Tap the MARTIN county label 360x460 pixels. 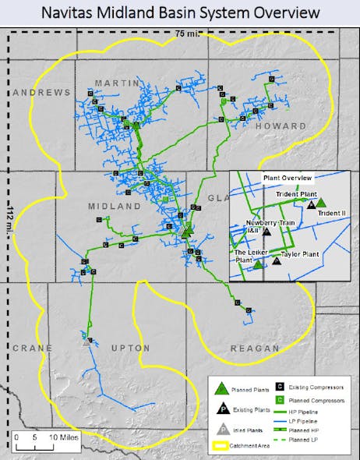pos(115,83)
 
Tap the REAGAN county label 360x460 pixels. pos(255,348)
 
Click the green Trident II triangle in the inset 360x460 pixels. pos(320,203)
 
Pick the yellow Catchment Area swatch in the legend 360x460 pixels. pos(222,448)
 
